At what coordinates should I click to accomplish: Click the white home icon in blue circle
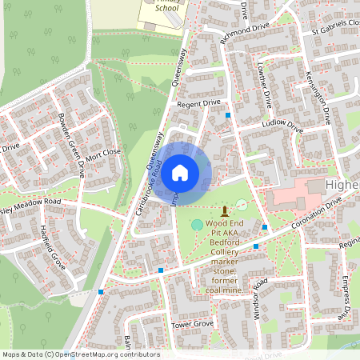181,171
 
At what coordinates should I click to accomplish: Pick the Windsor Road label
260,295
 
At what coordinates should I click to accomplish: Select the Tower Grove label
192,324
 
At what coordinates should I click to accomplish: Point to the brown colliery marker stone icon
225,210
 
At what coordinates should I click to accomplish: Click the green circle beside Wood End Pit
197,225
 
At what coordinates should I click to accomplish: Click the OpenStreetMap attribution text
80,354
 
